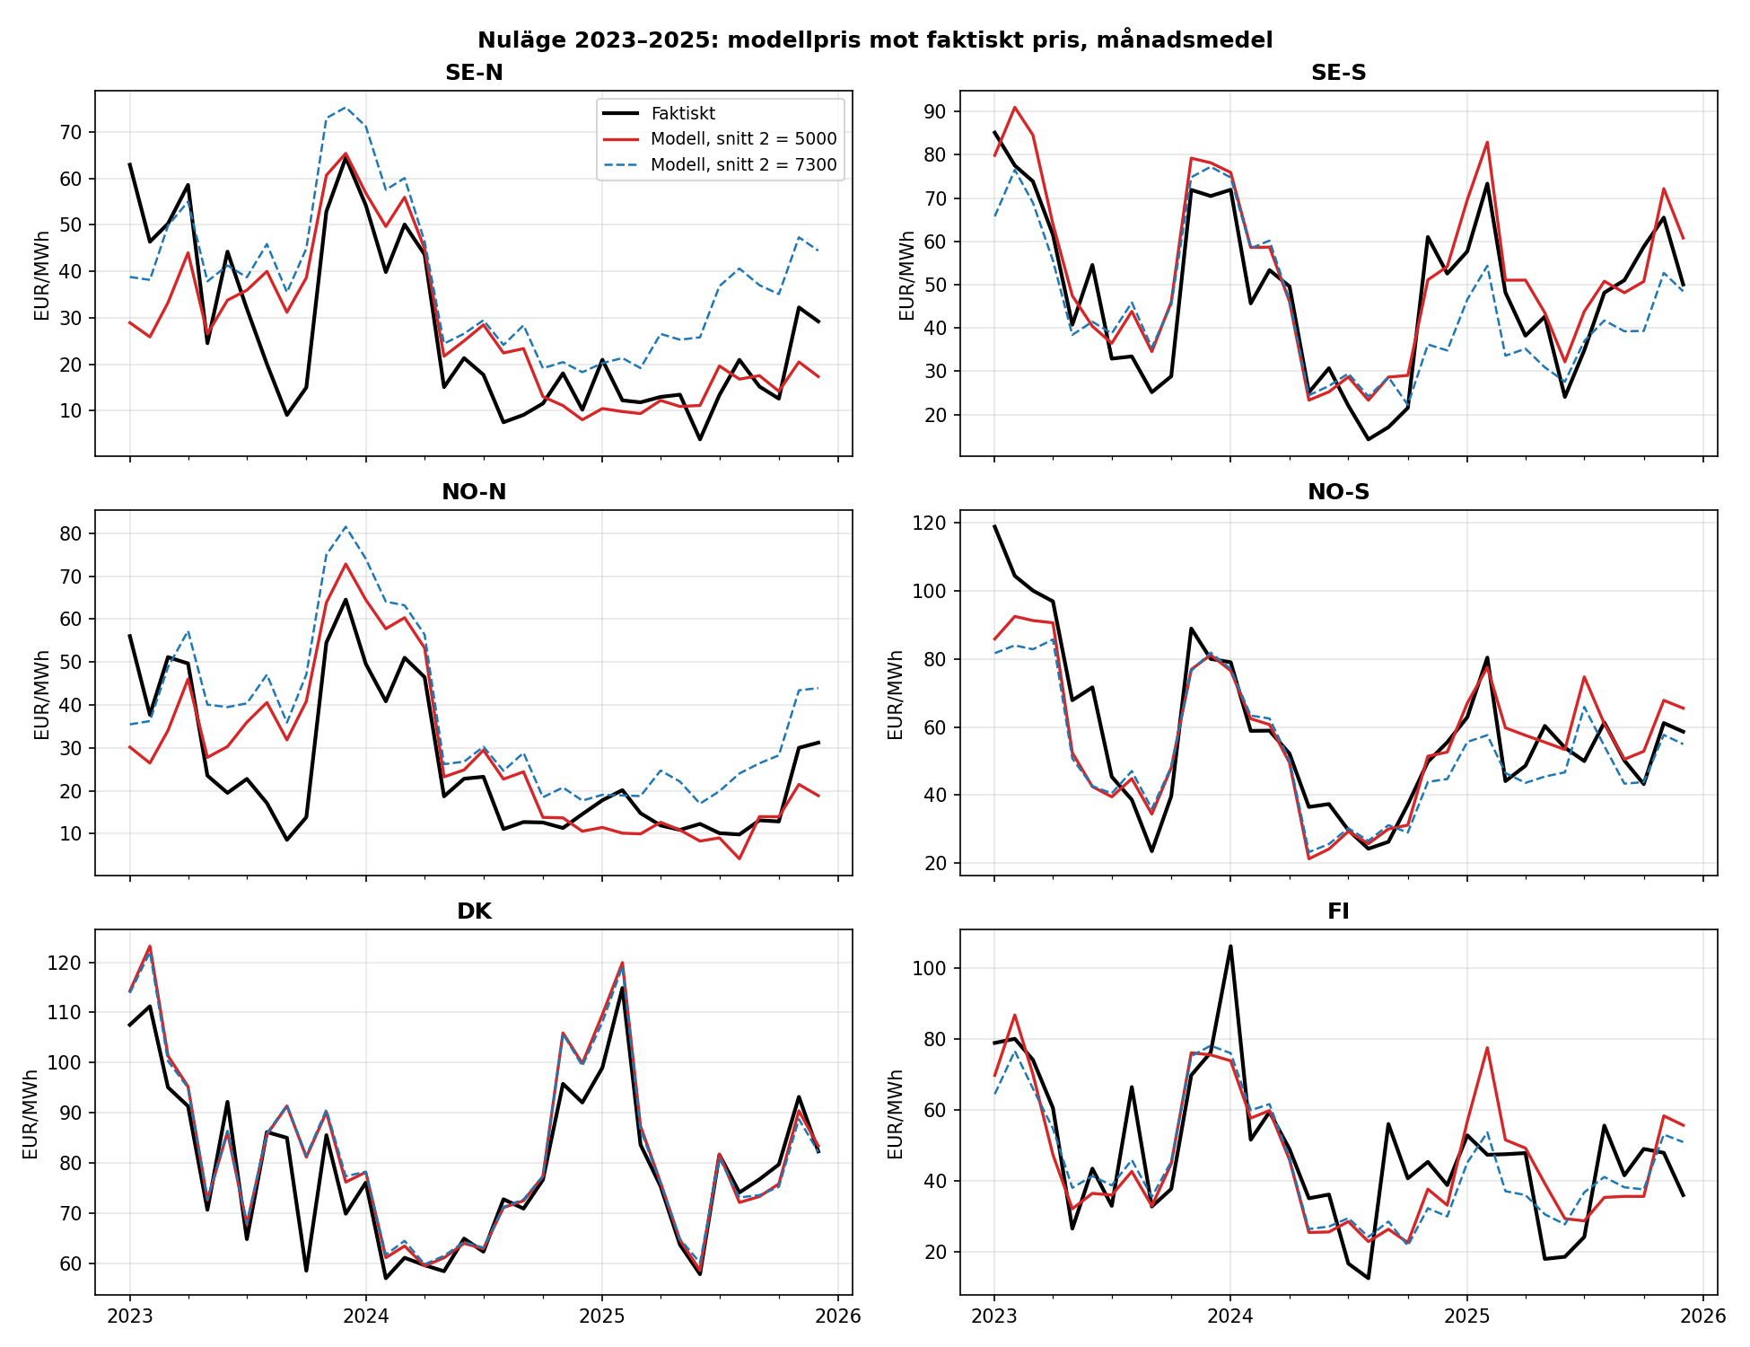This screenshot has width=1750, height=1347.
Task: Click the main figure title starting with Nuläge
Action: (875, 40)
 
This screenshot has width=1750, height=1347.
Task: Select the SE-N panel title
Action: (474, 73)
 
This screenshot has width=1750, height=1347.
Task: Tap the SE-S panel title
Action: (1338, 73)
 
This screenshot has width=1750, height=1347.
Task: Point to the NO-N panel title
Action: (474, 492)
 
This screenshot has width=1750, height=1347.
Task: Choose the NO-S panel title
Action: (1338, 492)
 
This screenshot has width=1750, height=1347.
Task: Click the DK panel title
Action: (474, 911)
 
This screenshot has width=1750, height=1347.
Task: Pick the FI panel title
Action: (1338, 911)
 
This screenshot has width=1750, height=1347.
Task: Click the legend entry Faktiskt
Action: (683, 113)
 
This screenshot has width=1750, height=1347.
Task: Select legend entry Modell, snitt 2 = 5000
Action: (743, 139)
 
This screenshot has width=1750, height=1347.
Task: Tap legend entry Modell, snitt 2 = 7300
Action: (743, 164)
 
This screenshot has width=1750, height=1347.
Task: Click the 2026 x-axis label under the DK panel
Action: (837, 1316)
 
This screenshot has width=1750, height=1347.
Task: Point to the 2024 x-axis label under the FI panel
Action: (1230, 1316)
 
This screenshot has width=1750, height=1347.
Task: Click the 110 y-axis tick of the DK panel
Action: (69, 1012)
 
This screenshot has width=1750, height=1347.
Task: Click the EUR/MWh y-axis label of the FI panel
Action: (896, 1114)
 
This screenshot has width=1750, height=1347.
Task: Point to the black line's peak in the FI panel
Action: (1230, 946)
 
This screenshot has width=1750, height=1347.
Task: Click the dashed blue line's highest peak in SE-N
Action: (346, 108)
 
